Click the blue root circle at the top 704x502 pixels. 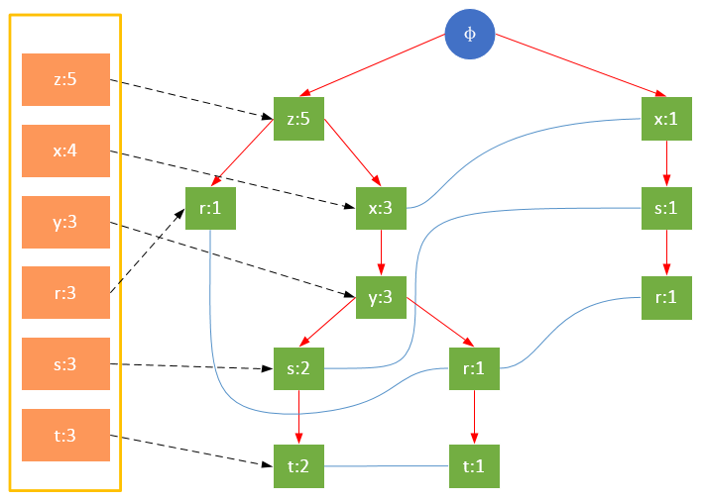pyautogui.click(x=470, y=34)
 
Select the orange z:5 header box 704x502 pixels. pyautogui.click(x=65, y=79)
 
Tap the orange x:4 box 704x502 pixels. pyautogui.click(x=65, y=151)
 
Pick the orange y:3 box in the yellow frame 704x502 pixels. pyautogui.click(x=65, y=222)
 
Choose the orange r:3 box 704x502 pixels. pyautogui.click(x=65, y=293)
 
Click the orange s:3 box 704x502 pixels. pyautogui.click(x=65, y=364)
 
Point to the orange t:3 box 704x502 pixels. pyautogui.click(x=65, y=436)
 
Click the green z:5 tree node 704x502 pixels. pyautogui.click(x=298, y=119)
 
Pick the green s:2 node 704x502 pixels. pyautogui.click(x=298, y=369)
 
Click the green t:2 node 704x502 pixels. pyautogui.click(x=298, y=464)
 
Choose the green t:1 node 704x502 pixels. pyautogui.click(x=473, y=464)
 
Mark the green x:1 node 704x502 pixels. pyautogui.click(x=666, y=119)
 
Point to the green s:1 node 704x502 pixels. pyautogui.click(x=666, y=209)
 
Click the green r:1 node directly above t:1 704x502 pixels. pyautogui.click(x=473, y=369)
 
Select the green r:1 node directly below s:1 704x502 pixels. pyautogui.click(x=666, y=296)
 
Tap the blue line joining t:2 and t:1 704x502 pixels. pyautogui.click(x=386, y=465)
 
